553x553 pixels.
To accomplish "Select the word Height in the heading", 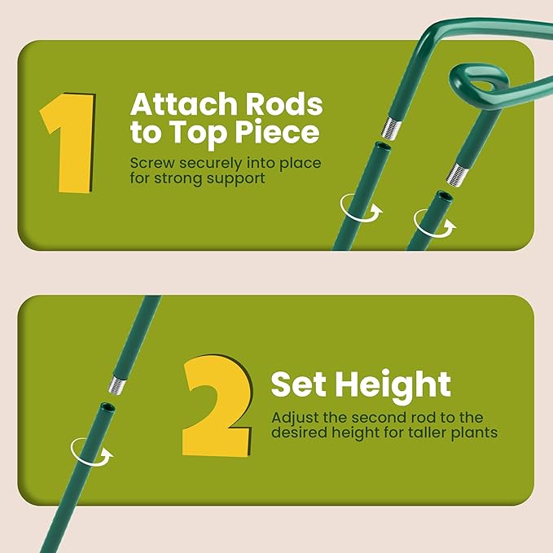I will [399, 384].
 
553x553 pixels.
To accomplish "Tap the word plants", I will [472, 432].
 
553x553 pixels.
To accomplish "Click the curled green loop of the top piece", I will [476, 82].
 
